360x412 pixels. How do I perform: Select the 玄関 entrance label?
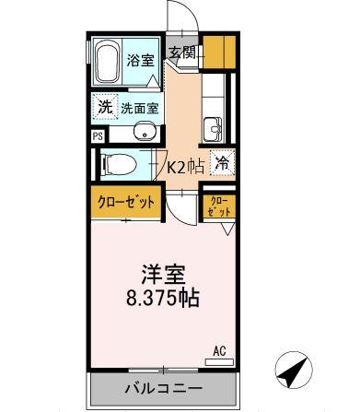tap(180, 53)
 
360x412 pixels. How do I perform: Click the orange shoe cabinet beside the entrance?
tap(215, 50)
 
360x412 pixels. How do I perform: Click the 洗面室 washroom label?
tap(141, 107)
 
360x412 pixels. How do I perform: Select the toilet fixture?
tap(117, 165)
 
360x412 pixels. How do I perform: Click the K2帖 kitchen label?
tap(185, 166)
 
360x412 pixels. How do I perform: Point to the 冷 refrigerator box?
tap(221, 163)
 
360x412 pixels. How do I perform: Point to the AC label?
tap(219, 350)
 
